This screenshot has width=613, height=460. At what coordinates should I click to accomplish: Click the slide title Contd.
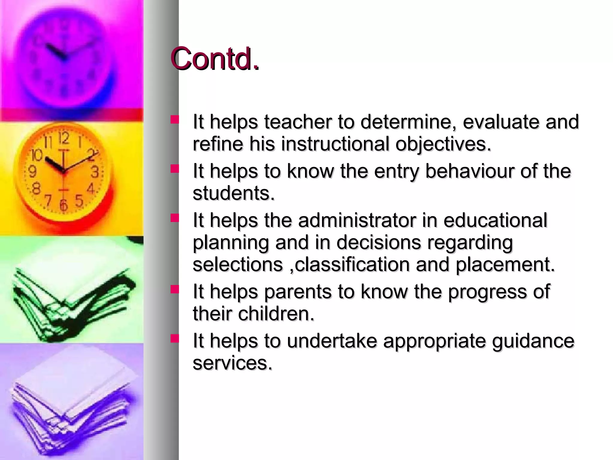[215, 59]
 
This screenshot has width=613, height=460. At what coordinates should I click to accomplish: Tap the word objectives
[443, 144]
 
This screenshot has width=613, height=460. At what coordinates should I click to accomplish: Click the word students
[233, 193]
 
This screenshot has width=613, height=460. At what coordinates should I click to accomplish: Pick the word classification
[352, 264]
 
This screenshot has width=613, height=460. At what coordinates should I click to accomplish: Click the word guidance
[533, 341]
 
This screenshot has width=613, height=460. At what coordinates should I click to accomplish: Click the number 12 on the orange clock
[64, 138]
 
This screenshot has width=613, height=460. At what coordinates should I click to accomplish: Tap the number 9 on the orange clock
[32, 172]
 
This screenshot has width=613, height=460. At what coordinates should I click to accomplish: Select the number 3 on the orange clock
[95, 172]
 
